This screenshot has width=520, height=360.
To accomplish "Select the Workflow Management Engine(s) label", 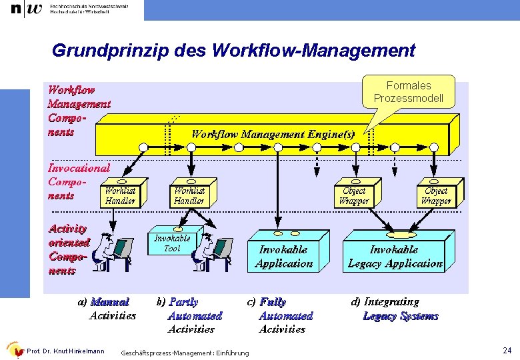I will [273, 133].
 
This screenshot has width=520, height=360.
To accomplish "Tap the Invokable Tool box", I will [172, 243].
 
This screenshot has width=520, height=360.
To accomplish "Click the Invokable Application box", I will [283, 256].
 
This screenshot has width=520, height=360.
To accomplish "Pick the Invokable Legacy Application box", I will [395, 256].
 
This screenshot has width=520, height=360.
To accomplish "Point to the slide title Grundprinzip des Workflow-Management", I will [233, 51].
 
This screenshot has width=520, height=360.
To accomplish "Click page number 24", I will [507, 351].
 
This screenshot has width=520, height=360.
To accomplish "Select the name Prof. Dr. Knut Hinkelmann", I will [65, 351].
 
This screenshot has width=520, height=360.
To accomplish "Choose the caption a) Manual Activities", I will [107, 309].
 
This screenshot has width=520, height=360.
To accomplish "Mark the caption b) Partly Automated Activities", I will [189, 315].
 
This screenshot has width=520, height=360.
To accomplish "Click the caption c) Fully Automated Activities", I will [280, 315].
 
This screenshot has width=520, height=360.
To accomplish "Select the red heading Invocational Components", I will [78, 181].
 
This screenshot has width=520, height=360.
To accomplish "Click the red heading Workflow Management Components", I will [78, 110].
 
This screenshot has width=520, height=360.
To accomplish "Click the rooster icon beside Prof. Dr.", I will [14, 350].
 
